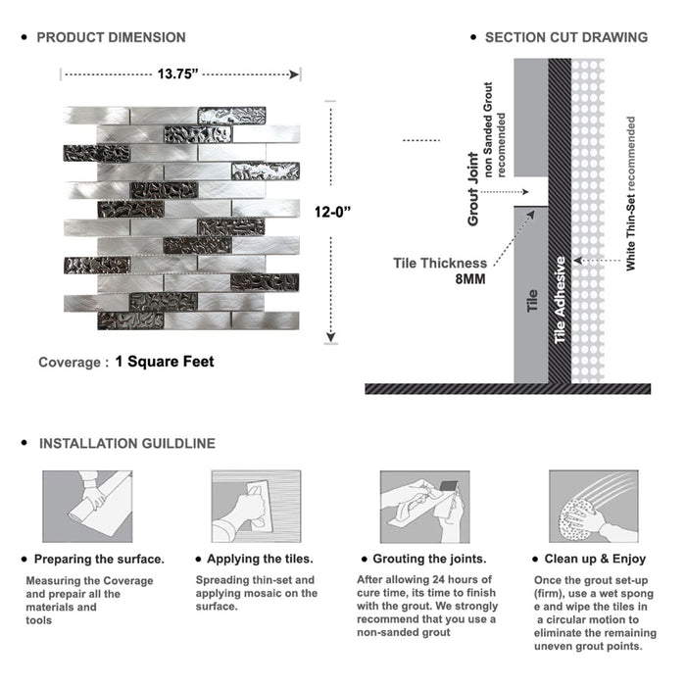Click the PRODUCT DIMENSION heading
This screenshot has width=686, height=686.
[x=111, y=37]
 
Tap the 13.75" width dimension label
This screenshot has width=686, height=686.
[x=178, y=73]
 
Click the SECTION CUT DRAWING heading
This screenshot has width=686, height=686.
[x=565, y=37]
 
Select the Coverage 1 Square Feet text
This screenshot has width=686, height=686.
[x=125, y=362]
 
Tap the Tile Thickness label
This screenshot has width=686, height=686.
[x=440, y=263]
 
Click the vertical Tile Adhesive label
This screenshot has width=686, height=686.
[x=561, y=300]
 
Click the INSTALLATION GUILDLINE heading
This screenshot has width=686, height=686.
[x=126, y=444]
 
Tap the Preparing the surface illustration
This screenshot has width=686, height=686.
[x=85, y=507]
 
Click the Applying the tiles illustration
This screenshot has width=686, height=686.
[x=255, y=507]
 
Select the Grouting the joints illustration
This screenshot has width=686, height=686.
[x=424, y=507]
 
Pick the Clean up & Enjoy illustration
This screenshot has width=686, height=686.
[x=593, y=507]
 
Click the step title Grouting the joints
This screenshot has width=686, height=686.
[x=429, y=559]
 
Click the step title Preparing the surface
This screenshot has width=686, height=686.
[x=99, y=559]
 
